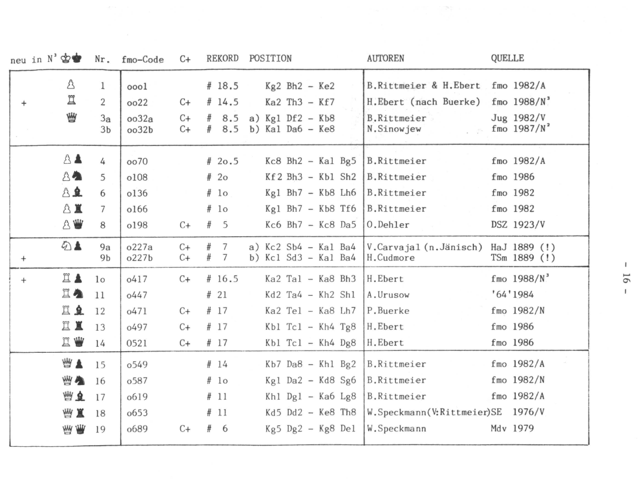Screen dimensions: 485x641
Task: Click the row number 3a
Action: (x=101, y=118)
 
